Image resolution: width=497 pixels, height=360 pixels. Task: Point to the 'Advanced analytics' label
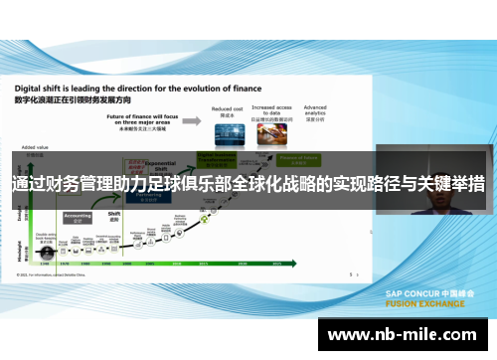point(315,108)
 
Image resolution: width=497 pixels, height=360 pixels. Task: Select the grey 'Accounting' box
point(78,215)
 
